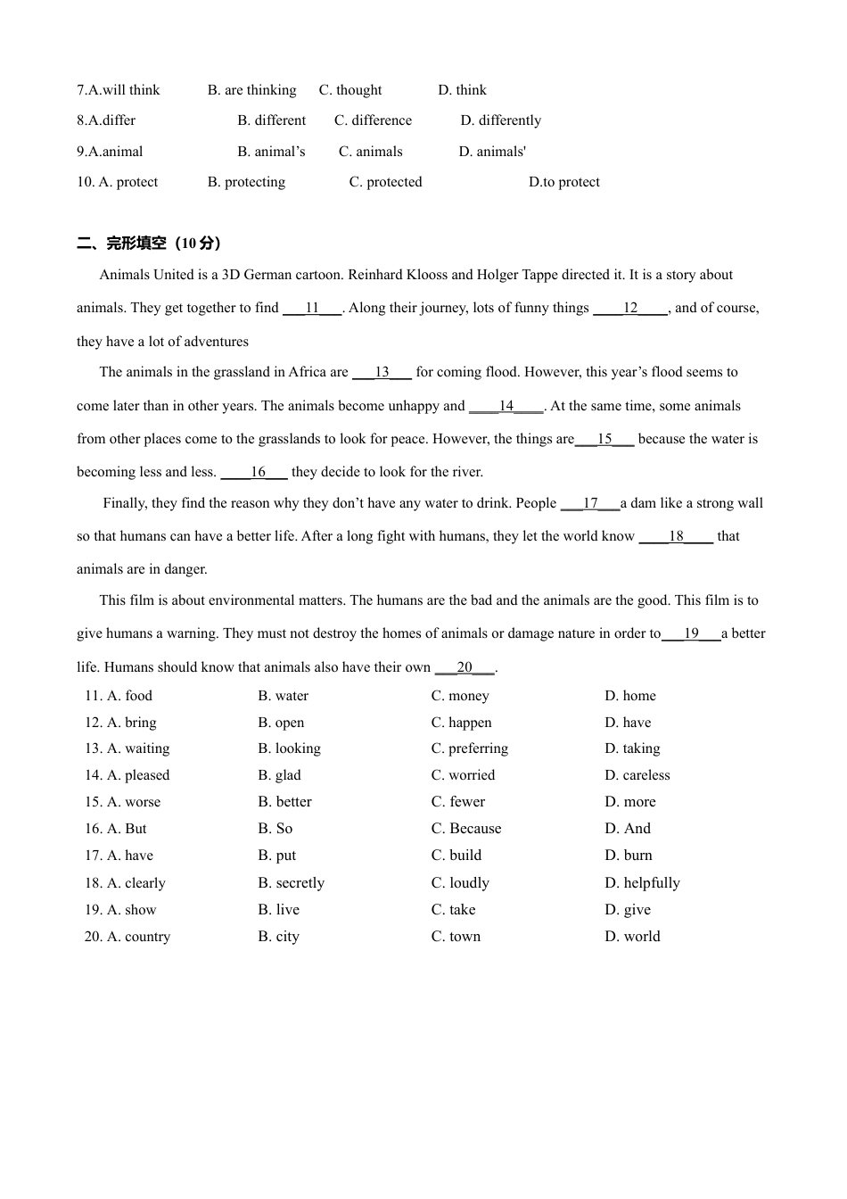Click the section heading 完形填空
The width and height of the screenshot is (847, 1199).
[149, 243]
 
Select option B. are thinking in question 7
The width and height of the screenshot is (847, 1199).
[252, 90]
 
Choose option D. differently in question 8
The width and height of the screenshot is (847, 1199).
[500, 120]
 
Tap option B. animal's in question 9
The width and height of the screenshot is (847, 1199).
[271, 152]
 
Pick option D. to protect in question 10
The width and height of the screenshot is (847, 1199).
[563, 182]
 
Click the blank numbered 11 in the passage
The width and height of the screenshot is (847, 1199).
[312, 308]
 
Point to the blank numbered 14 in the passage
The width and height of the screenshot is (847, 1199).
[506, 406]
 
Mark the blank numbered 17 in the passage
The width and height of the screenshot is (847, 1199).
[589, 503]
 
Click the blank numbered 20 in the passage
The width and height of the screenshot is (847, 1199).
[465, 667]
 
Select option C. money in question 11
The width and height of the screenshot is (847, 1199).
[460, 696]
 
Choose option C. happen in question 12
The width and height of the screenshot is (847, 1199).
[461, 723]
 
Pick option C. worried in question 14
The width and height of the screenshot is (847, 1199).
[463, 775]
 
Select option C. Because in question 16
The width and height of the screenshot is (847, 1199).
[466, 829]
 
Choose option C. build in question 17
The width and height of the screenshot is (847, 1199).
[456, 856]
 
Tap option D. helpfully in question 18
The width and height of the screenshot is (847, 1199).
[642, 883]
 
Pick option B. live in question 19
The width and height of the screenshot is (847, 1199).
[279, 910]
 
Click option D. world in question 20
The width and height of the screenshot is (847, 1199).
[632, 937]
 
